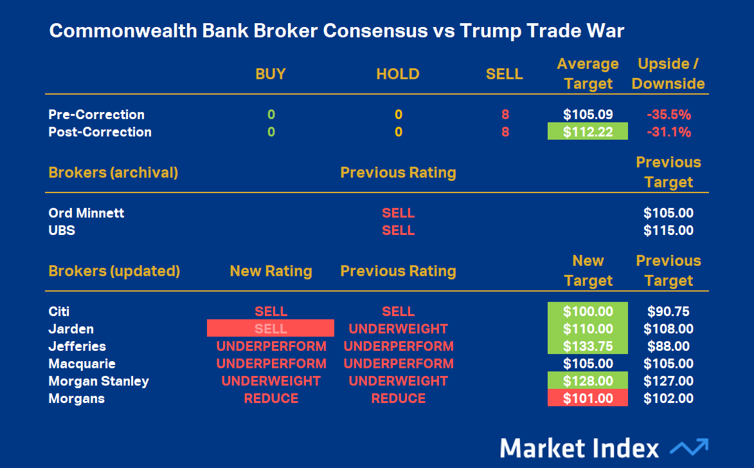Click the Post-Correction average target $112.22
coord(588,131)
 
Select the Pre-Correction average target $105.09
coord(588,114)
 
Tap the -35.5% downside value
coord(669,115)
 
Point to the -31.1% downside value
coord(669,132)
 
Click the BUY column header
coord(271,73)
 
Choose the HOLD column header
coord(398,73)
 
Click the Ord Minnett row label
coord(86,213)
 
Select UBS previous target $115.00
coord(669,230)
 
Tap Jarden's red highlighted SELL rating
coord(271,328)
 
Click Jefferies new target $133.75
coord(588,346)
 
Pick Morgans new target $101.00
coord(588,398)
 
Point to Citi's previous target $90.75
coord(669,311)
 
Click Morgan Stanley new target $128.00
coord(588,380)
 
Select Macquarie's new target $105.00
coord(588,363)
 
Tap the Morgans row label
coord(76,398)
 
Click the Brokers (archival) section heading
coord(113,173)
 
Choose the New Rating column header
coord(271,270)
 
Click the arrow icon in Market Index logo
coord(689,447)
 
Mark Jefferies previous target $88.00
coord(669,346)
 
